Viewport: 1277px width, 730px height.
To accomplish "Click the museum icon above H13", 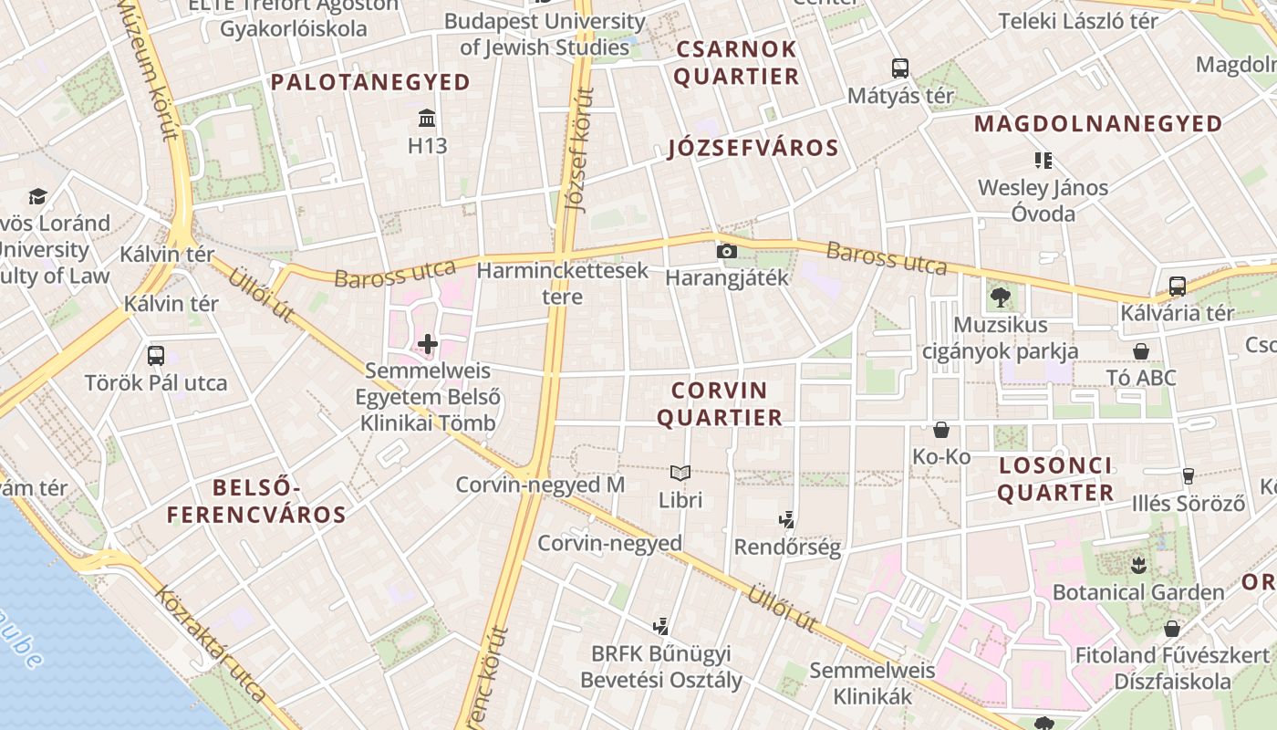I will click(x=426, y=118).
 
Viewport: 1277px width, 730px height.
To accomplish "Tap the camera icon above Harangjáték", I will click(x=726, y=251).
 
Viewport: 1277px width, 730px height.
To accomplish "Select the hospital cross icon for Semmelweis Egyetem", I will click(x=427, y=344).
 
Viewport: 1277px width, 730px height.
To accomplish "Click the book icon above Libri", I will click(x=680, y=473).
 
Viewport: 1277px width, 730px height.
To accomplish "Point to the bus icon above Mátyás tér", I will click(x=900, y=68).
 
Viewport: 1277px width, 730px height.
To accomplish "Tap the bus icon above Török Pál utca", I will click(x=156, y=355).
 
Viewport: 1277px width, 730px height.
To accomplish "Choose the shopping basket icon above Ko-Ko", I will click(x=941, y=429).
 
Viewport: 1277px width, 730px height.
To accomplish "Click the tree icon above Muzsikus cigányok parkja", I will click(x=1001, y=297).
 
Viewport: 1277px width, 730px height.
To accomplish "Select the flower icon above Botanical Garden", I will click(x=1137, y=565).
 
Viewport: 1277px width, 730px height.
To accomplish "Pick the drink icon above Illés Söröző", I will click(x=1188, y=475).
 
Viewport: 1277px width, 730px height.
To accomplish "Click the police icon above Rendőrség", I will click(x=787, y=520).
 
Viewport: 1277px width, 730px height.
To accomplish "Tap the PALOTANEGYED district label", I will click(x=370, y=82).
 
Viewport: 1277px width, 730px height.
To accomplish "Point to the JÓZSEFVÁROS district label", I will click(x=753, y=149).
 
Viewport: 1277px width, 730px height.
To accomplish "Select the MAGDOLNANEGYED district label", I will click(x=1098, y=123).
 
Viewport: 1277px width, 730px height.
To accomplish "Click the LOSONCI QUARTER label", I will click(x=1055, y=479).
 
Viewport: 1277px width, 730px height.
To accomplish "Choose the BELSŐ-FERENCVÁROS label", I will click(x=256, y=501).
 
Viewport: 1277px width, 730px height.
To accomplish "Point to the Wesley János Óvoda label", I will click(x=1043, y=201).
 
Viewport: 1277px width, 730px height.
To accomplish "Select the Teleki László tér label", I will click(x=1078, y=20).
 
